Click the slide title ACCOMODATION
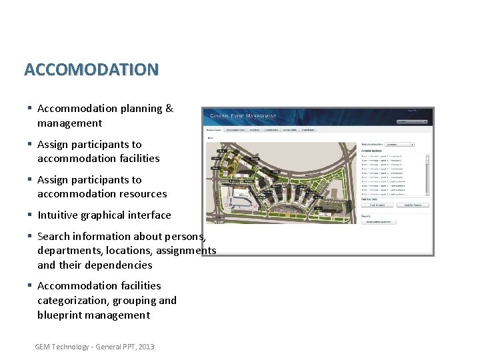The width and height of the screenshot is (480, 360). [91, 69]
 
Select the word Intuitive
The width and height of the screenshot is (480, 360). [58, 215]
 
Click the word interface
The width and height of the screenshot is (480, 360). [151, 215]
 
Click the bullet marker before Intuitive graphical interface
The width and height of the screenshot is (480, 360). [30, 215]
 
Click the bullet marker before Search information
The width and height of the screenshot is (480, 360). [30, 237]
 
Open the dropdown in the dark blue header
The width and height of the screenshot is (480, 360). [412, 121]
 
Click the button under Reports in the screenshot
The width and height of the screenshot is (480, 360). [379, 221]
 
